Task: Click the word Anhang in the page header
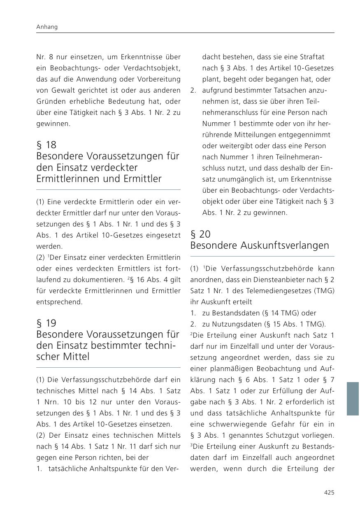click(47, 27)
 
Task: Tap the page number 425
click(329, 492)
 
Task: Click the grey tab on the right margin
click(353, 399)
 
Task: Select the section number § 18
click(46, 145)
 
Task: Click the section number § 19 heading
click(46, 323)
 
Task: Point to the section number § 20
click(200, 234)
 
